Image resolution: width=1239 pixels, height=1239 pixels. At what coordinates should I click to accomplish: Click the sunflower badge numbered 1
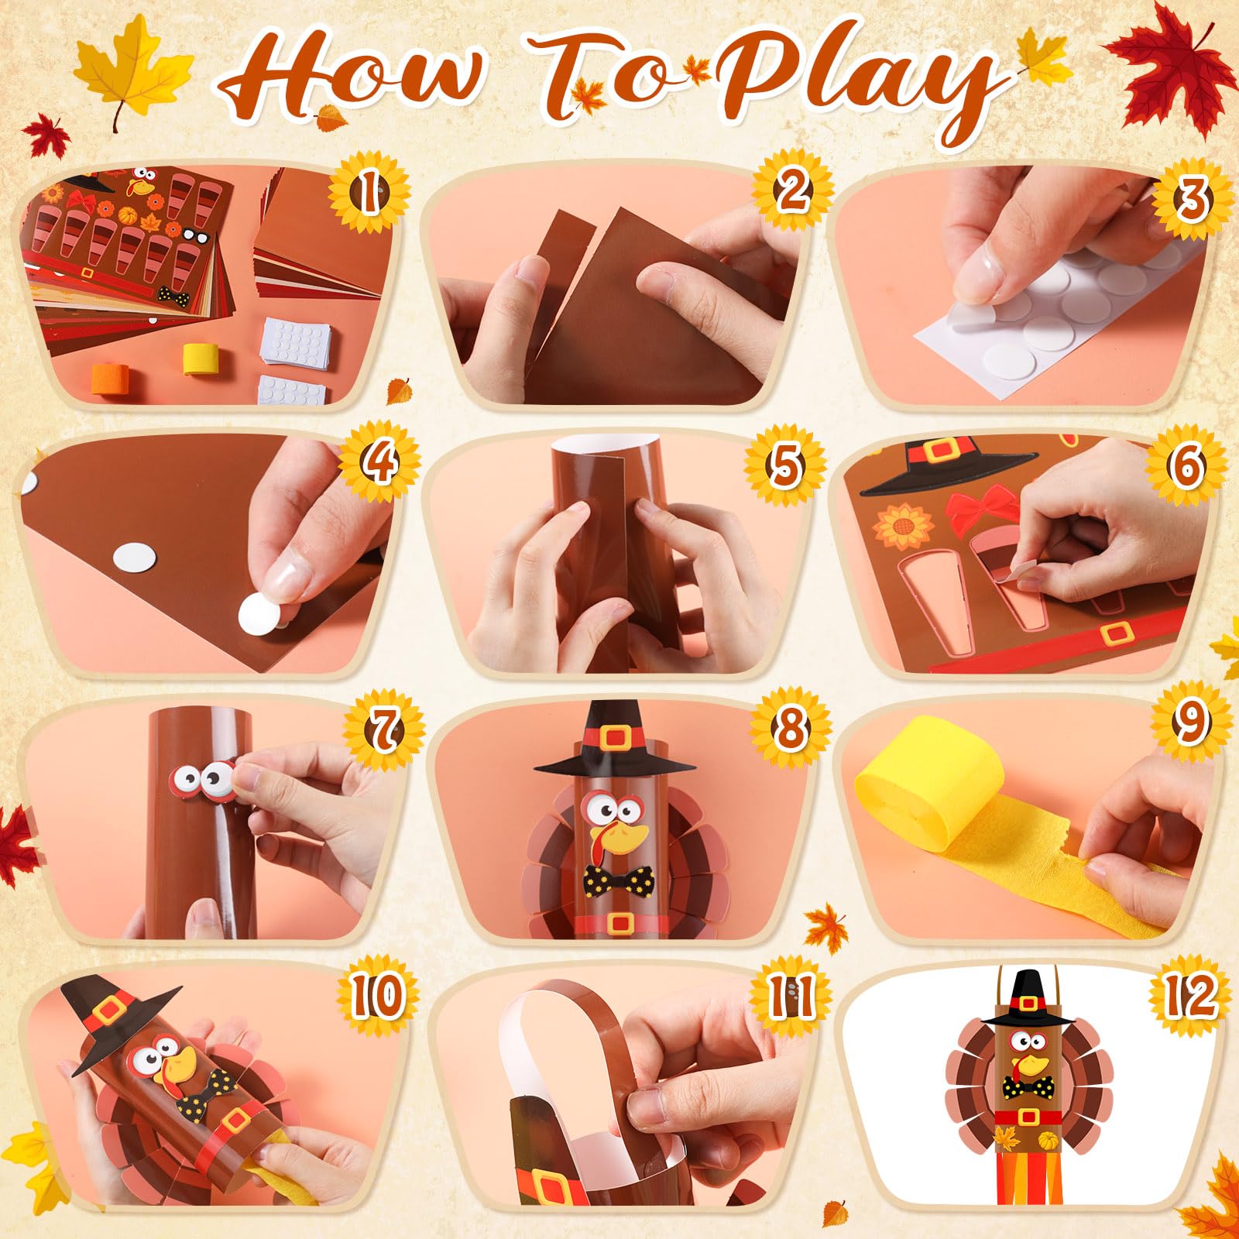tap(369, 191)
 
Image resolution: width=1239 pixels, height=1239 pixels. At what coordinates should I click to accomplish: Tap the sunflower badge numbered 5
tap(785, 464)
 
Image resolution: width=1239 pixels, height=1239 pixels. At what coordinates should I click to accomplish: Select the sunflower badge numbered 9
tap(1191, 722)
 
